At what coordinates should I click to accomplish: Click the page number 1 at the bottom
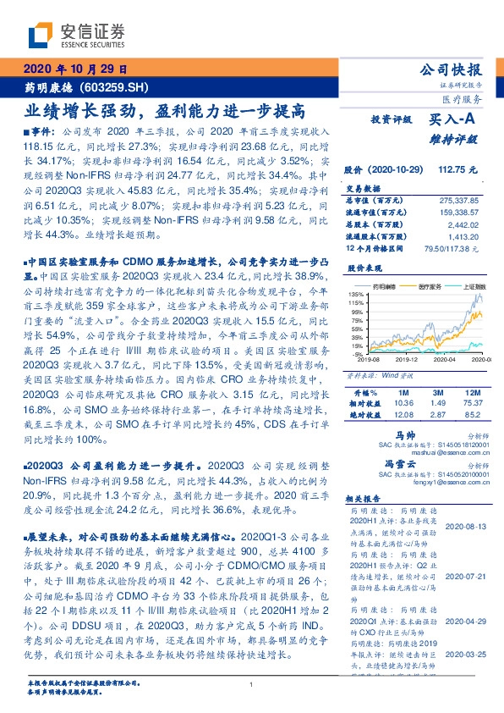pyautogui.click(x=252, y=684)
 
